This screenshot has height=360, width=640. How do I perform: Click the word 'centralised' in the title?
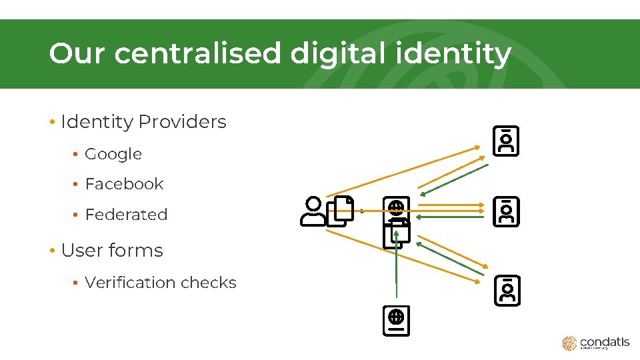197,54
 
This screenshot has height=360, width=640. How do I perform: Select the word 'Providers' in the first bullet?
182,122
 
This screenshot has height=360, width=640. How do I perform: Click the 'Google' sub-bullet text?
113,154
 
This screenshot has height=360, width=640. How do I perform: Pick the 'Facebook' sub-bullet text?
124,184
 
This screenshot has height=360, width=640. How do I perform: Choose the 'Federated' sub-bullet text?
126,215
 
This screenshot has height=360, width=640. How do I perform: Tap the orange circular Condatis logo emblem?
569,343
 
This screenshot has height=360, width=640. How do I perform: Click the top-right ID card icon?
506,141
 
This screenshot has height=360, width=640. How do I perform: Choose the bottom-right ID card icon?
507,291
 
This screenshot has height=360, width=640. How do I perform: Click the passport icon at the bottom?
396,321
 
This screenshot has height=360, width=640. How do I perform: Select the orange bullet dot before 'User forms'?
51,251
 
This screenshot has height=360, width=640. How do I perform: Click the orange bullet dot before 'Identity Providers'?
51,123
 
